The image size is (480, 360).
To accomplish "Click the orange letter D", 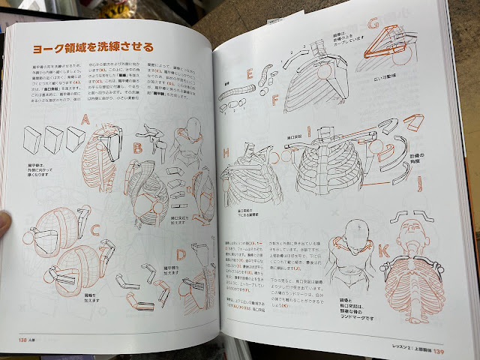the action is point(180,255).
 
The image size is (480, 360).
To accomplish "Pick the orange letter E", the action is point(250,74).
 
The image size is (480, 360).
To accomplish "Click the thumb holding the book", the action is point(4,222).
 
